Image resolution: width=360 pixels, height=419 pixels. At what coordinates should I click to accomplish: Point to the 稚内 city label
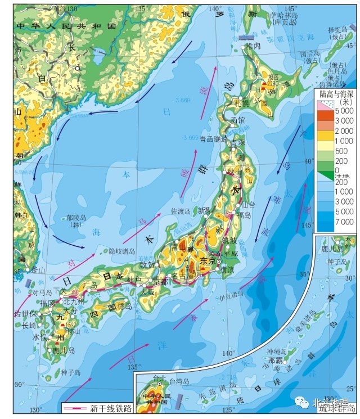254,46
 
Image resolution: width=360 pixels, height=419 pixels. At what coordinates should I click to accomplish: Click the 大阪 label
147,292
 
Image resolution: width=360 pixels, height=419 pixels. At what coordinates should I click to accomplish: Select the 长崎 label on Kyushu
29,325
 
